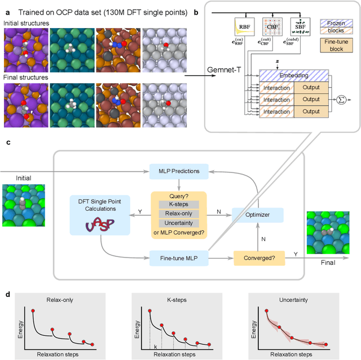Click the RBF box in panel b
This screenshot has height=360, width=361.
243,25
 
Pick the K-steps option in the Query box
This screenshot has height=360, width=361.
178,205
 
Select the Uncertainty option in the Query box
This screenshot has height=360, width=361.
178,224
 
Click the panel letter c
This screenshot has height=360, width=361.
8,143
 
